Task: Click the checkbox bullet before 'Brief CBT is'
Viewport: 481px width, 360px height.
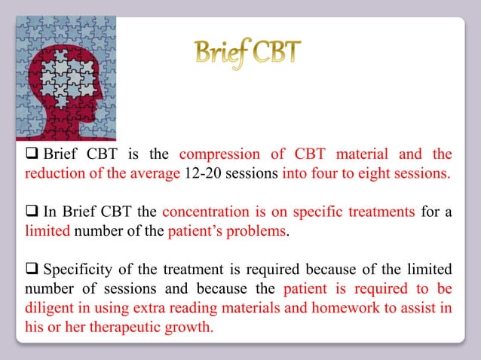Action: click(31, 154)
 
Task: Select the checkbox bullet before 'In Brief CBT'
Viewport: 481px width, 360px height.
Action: click(31, 213)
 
